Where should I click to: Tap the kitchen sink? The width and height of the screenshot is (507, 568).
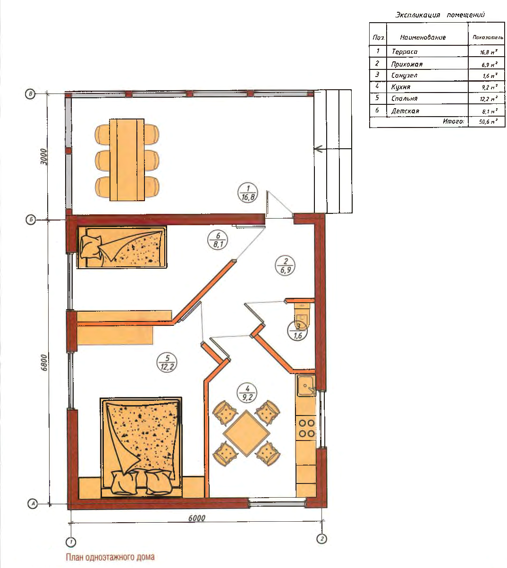click(306, 386)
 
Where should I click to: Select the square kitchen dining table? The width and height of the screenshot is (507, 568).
click(246, 433)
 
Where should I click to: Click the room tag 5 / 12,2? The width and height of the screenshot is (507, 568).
click(167, 363)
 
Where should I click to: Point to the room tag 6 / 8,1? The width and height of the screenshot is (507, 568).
click(218, 240)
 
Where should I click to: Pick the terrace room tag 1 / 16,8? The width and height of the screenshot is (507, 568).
click(248, 193)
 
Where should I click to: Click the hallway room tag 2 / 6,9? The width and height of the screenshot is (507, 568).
click(285, 266)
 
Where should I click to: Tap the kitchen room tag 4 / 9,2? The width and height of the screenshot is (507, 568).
click(247, 393)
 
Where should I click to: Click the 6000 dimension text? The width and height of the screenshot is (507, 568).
click(197, 518)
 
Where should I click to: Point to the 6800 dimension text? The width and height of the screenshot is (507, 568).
click(44, 363)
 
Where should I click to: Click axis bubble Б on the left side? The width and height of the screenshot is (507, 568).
click(31, 220)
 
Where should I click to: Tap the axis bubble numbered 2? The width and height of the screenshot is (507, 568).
click(322, 539)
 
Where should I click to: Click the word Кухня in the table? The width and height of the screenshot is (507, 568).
click(401, 87)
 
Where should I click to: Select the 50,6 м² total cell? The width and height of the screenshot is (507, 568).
click(488, 122)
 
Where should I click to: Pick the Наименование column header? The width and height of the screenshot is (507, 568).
click(422, 37)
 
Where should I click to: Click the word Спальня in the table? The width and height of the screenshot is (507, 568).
click(405, 98)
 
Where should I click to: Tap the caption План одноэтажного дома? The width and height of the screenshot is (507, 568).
click(110, 557)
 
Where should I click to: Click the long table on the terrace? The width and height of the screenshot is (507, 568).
click(127, 160)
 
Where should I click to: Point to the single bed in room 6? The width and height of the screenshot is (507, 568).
click(122, 247)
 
